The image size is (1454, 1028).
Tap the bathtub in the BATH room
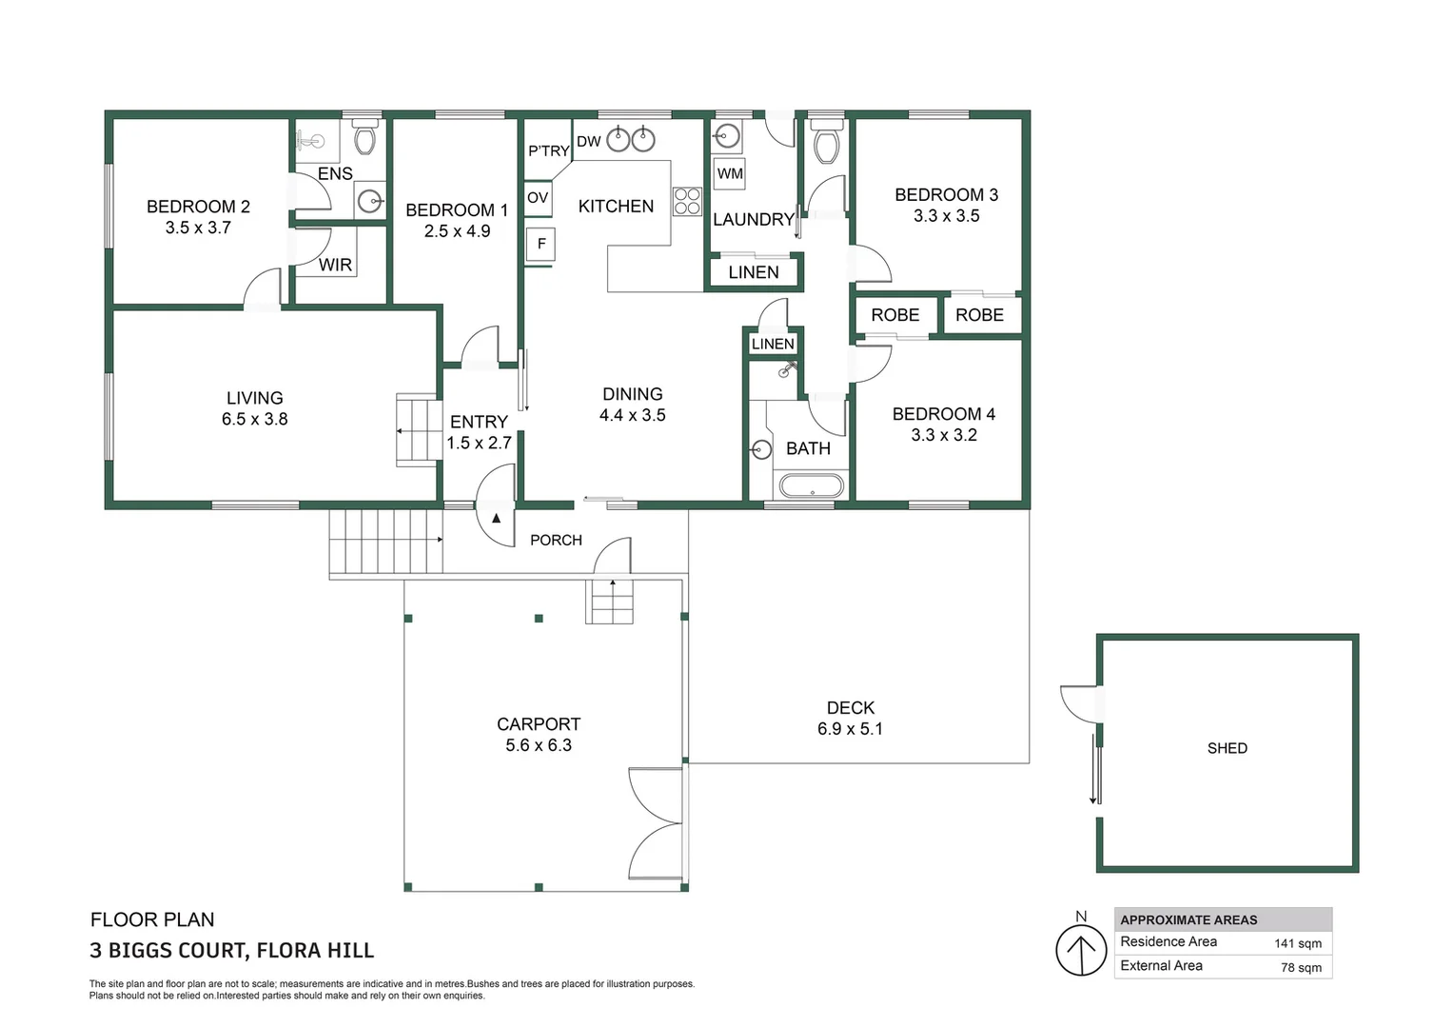coord(812,486)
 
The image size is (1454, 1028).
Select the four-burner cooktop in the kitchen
coord(687,201)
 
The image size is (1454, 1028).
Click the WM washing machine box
coord(730,173)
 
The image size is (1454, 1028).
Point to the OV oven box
coord(538,198)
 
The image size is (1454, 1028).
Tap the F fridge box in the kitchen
coord(540,245)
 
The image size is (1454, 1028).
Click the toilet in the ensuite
coord(364,135)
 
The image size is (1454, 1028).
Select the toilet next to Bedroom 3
coord(826,142)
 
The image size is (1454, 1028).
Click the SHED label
coord(1227,748)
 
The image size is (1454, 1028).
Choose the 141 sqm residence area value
coord(1298,943)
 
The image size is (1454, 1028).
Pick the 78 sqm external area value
coord(1301,968)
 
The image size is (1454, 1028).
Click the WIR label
coord(335,265)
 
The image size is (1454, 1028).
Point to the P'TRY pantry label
coord(548,151)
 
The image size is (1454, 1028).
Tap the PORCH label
coord(557,541)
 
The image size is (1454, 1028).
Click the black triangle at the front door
coord(497,518)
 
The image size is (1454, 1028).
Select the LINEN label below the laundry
coord(754,272)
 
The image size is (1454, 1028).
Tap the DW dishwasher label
coord(588,142)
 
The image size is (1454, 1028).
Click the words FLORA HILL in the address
coord(315,951)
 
